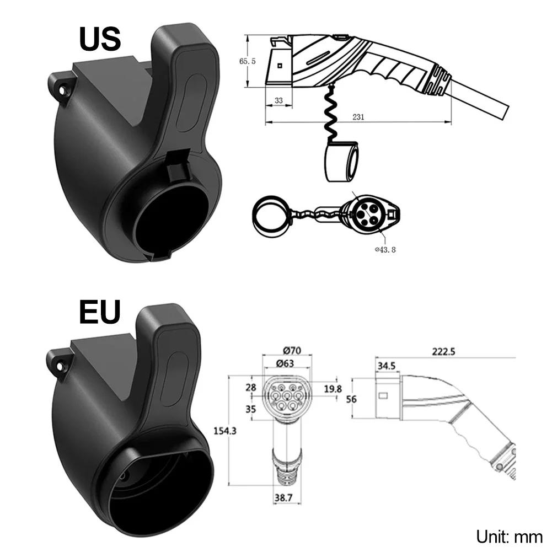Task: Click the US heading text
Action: coord(100,39)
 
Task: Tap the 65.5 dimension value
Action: coord(248,61)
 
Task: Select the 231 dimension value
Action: coord(358,117)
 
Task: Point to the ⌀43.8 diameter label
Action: coord(385,250)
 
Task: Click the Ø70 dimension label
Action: coord(292,351)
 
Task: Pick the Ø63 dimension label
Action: coord(285,363)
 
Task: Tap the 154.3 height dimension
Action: coord(225,431)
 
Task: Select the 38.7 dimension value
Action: coord(283,498)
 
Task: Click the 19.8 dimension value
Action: coord(333,389)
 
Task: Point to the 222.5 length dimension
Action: coord(443,351)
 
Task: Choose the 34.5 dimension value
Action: coord(387,366)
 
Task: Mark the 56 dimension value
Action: coord(351,399)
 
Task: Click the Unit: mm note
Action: coord(509,537)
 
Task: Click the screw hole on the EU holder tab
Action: coord(60,367)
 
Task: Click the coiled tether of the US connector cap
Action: coord(330,112)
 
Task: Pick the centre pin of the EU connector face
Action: coord(287,394)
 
